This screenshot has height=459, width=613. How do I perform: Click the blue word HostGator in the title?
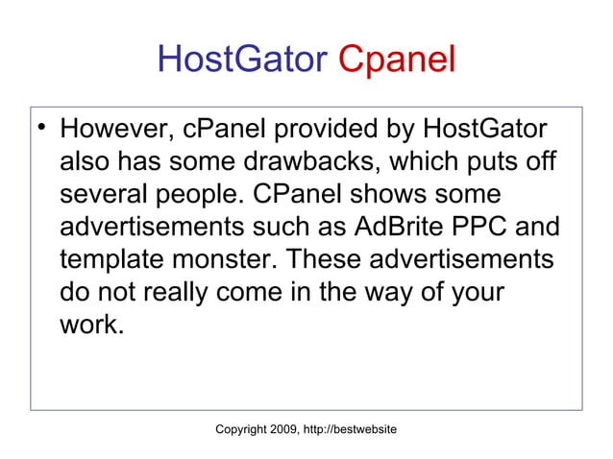coord(241,60)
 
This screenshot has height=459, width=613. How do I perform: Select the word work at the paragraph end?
coord(89,326)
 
